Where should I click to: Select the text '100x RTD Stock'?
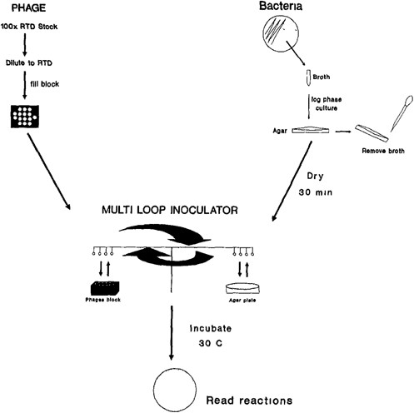32,32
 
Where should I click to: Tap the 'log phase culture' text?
327,105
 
